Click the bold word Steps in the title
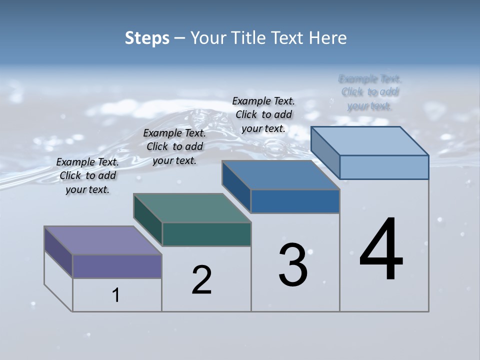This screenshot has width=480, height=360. [147, 38]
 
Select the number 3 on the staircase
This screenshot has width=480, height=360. [293, 265]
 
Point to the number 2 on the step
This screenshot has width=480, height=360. [201, 280]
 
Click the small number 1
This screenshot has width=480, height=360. [115, 295]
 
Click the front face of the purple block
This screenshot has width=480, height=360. [117, 266]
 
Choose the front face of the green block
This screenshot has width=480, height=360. [206, 234]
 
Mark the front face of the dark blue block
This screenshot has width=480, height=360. [295, 201]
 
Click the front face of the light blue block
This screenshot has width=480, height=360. [384, 167]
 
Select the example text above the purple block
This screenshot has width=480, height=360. [87, 175]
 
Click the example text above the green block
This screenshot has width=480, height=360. [174, 146]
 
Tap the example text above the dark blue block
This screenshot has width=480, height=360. [263, 114]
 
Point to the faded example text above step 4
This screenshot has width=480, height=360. [370, 92]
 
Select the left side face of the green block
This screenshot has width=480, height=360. [148, 220]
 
